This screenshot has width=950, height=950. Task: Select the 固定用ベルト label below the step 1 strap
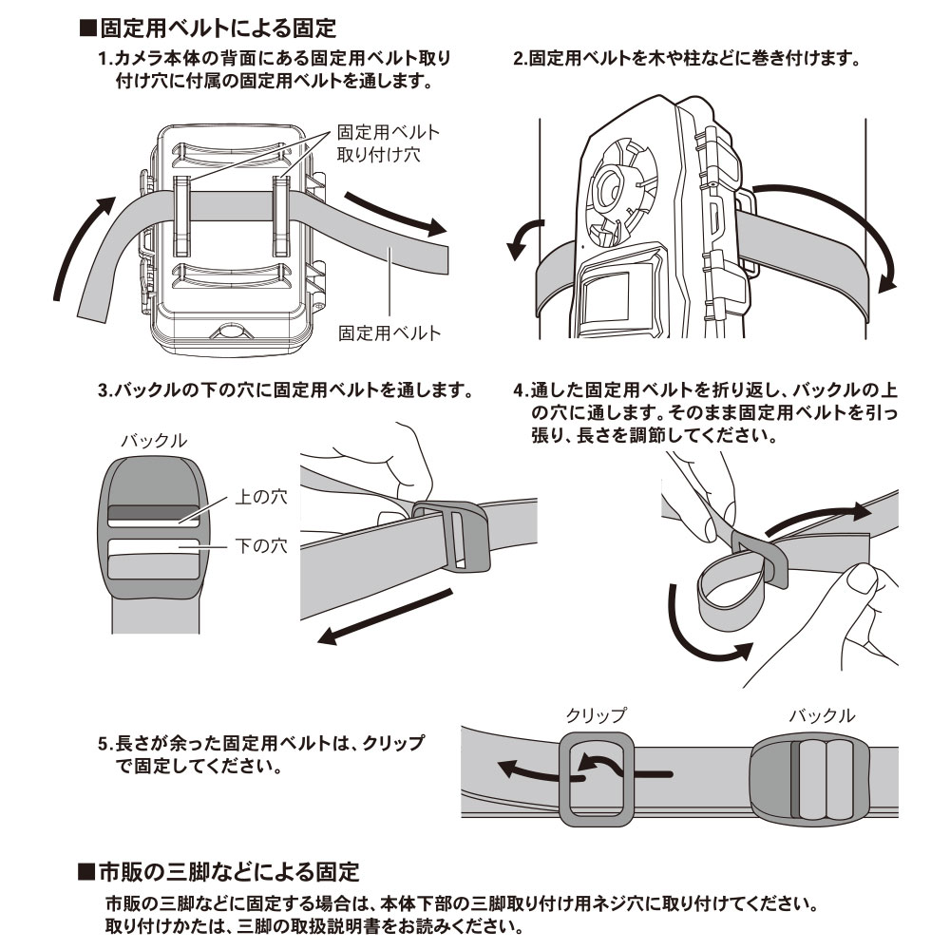click(x=389, y=332)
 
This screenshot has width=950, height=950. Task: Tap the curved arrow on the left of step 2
click(x=525, y=237)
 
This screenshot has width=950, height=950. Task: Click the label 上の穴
click(x=256, y=497)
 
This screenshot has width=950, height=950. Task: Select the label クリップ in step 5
click(x=597, y=714)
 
